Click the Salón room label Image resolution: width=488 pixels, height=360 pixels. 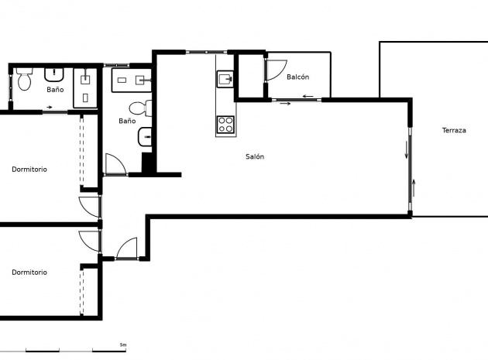pos(255,156)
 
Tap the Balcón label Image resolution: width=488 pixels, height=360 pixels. pos(298,77)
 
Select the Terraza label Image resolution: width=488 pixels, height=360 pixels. pos(454,130)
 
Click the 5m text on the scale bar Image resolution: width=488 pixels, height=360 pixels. pos(123,345)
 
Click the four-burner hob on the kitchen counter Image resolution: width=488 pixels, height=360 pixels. pos(225,124)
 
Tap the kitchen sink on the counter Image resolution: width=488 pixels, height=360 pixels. pos(225,79)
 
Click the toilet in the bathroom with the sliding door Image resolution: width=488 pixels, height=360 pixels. pos(24,79)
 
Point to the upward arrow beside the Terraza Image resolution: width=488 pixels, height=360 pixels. pos(414,188)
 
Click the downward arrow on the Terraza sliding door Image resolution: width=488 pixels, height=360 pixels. pos(406,149)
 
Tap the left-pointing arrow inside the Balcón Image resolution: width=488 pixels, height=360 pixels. pos(308,96)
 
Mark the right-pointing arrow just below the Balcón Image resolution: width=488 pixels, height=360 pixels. pos(285,103)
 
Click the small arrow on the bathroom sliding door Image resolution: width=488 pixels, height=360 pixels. pos(50,108)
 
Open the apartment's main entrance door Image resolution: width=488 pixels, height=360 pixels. pos(127,249)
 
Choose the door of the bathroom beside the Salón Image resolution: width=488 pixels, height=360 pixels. pos(115,163)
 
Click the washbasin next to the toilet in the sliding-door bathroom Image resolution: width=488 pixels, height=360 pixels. pos(54,74)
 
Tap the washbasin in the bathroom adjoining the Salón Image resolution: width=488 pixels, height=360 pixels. pos(145,136)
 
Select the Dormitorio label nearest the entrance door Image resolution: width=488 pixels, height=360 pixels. pos(29,273)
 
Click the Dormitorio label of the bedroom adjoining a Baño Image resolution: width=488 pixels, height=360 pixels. pos(29,170)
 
